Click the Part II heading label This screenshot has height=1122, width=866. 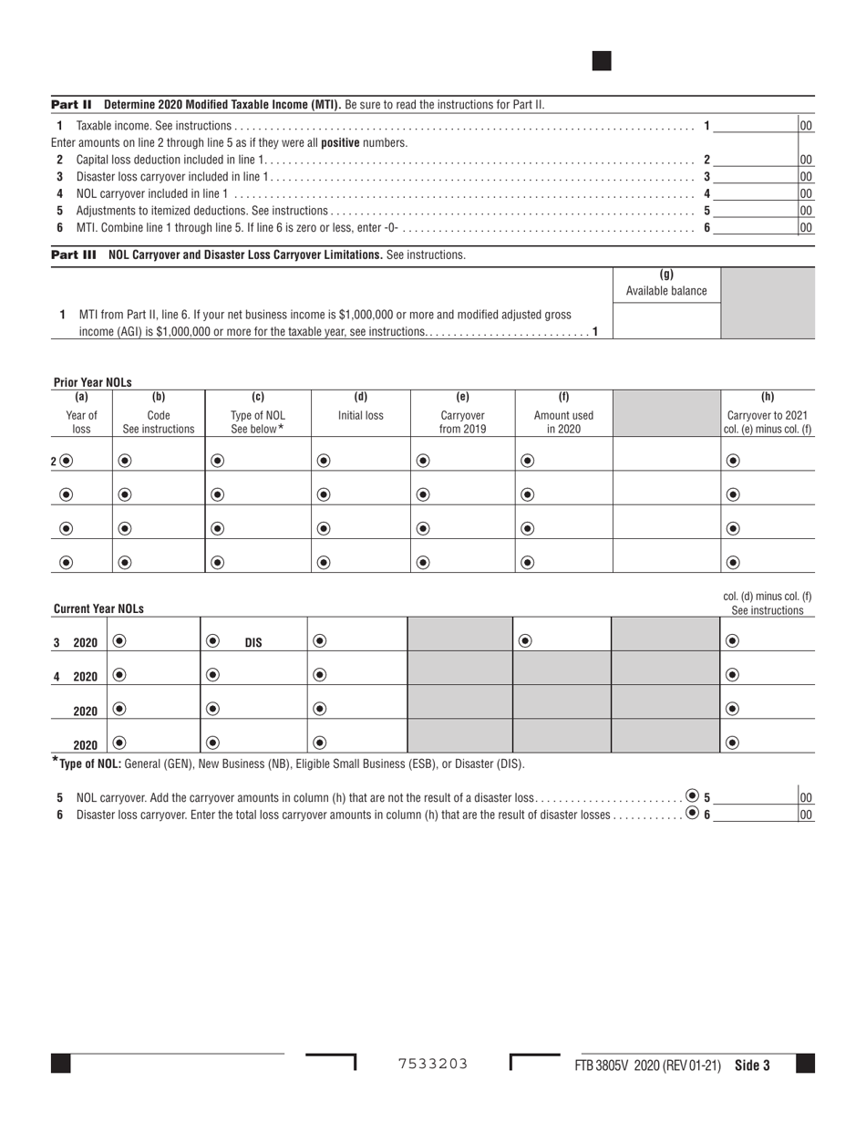(x=71, y=104)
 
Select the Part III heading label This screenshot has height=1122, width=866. (x=73, y=255)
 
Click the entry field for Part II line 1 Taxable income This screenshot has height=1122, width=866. (x=756, y=126)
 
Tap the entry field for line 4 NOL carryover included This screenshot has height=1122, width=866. (x=756, y=193)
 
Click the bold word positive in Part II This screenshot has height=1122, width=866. (x=341, y=143)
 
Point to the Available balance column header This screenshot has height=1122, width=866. (x=665, y=284)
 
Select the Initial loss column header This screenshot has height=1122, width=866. (x=360, y=415)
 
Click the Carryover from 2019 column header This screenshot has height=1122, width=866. (x=462, y=421)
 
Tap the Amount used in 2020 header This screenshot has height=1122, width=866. (x=563, y=421)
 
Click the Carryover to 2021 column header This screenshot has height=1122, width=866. (x=767, y=421)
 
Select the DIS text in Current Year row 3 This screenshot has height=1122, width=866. (x=253, y=642)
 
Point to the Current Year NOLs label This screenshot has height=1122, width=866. (x=98, y=608)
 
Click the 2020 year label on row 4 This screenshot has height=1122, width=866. (x=85, y=677)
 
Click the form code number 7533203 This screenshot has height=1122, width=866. (x=433, y=1064)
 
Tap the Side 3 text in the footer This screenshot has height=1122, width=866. (x=752, y=1065)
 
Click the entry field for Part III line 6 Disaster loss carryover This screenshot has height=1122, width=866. (x=756, y=815)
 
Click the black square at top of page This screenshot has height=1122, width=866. (x=602, y=61)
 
